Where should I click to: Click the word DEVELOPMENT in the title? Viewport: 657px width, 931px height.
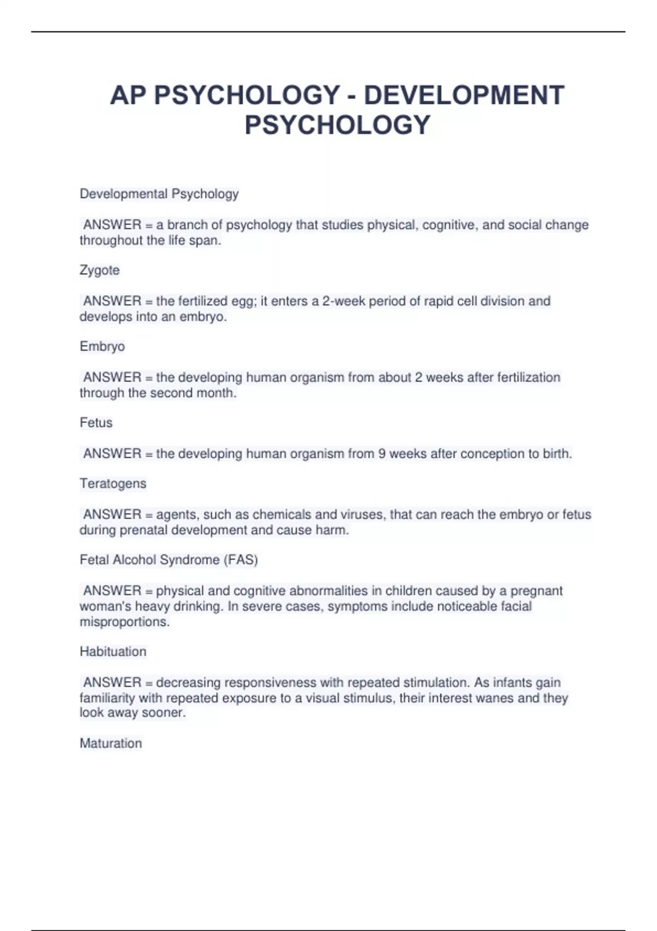point(464,95)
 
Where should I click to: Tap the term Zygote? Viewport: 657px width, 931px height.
point(100,270)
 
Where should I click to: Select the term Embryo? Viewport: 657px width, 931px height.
point(102,346)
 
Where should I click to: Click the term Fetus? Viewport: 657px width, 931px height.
point(96,422)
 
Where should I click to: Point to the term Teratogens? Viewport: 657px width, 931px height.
point(113,484)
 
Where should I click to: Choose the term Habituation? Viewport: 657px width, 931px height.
point(113,651)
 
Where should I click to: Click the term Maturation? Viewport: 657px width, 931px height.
point(111,743)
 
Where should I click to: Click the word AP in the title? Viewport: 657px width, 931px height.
point(128,95)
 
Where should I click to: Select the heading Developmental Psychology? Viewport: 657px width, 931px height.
point(159,194)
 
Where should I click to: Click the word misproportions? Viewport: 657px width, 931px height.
point(124,622)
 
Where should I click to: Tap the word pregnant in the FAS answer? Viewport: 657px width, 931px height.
point(537,591)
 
